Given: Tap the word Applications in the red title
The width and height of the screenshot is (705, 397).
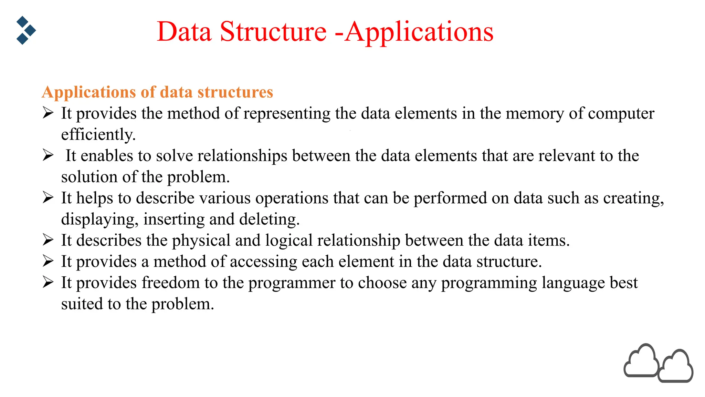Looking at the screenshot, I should tap(419, 32).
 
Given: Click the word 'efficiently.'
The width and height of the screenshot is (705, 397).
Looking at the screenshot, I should tap(98, 134).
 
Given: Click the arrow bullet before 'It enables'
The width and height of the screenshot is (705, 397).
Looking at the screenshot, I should tap(48, 155).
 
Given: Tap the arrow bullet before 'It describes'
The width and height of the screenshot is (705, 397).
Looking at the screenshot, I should tap(48, 240).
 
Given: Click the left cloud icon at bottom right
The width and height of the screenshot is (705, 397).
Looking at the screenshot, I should tap(641, 361).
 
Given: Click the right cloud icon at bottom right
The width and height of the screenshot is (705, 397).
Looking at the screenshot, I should tap(676, 367).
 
